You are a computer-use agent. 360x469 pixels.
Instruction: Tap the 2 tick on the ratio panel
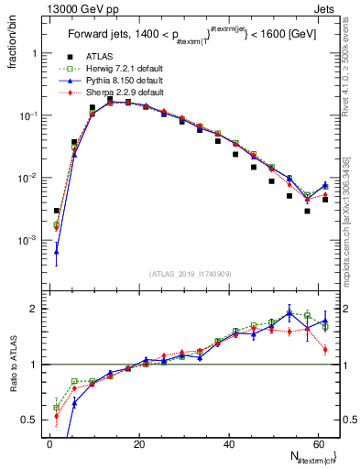pyautogui.click(x=37, y=309)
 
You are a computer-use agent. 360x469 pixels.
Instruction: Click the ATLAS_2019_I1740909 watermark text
pyautogui.click(x=190, y=273)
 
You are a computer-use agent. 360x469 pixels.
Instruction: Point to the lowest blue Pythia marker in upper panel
pyautogui.click(x=57, y=251)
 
